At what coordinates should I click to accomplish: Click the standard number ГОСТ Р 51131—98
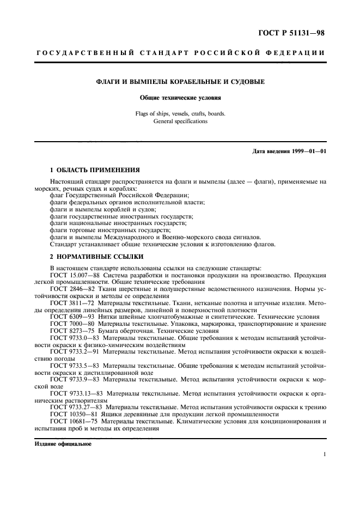[294, 34]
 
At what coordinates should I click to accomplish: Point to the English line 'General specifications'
[180, 122]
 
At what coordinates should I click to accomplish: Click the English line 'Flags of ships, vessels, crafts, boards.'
[180, 114]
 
